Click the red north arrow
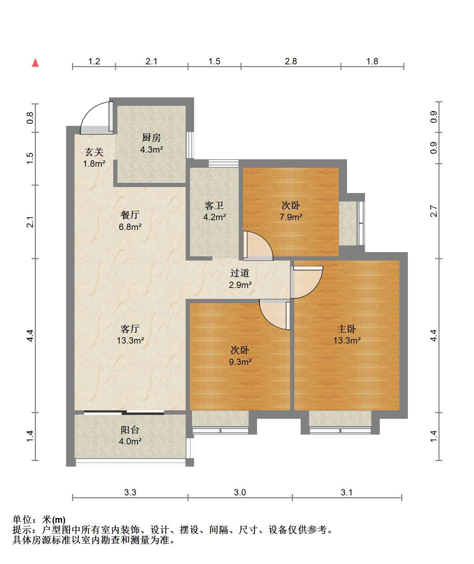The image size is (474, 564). (x=35, y=63)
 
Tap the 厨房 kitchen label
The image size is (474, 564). (x=152, y=137)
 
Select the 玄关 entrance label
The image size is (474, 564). (x=94, y=152)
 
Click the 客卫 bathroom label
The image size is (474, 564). (x=214, y=205)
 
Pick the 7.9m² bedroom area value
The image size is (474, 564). (x=291, y=217)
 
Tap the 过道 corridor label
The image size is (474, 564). (x=240, y=273)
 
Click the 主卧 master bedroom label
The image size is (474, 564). (x=347, y=329)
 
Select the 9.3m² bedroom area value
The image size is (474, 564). (x=240, y=361)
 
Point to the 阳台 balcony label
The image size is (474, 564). (x=130, y=430)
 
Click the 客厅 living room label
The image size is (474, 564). (x=130, y=329)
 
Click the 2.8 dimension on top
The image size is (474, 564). (x=291, y=62)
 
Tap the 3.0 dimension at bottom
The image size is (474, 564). (x=240, y=492)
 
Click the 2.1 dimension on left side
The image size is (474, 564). (x=31, y=222)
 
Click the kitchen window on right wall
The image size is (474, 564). (x=190, y=145)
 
